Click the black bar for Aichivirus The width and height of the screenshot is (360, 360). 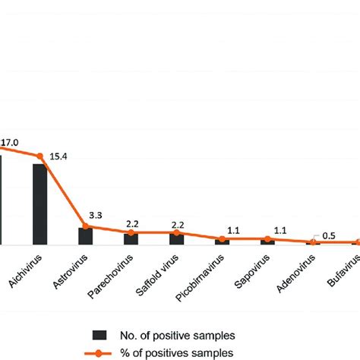(x=39, y=204)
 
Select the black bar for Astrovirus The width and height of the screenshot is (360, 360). (x=85, y=235)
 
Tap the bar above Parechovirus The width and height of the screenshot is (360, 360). (x=131, y=238)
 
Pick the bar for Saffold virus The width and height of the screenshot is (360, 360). (x=176, y=238)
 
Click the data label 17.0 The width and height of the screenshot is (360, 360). (x=10, y=141)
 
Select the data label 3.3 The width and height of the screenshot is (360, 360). (x=96, y=216)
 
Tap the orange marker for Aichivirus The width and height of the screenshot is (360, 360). (x=39, y=156)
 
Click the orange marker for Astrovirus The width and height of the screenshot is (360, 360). (x=85, y=226)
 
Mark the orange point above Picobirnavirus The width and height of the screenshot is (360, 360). (x=222, y=238)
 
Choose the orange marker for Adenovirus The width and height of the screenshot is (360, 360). (x=313, y=242)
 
